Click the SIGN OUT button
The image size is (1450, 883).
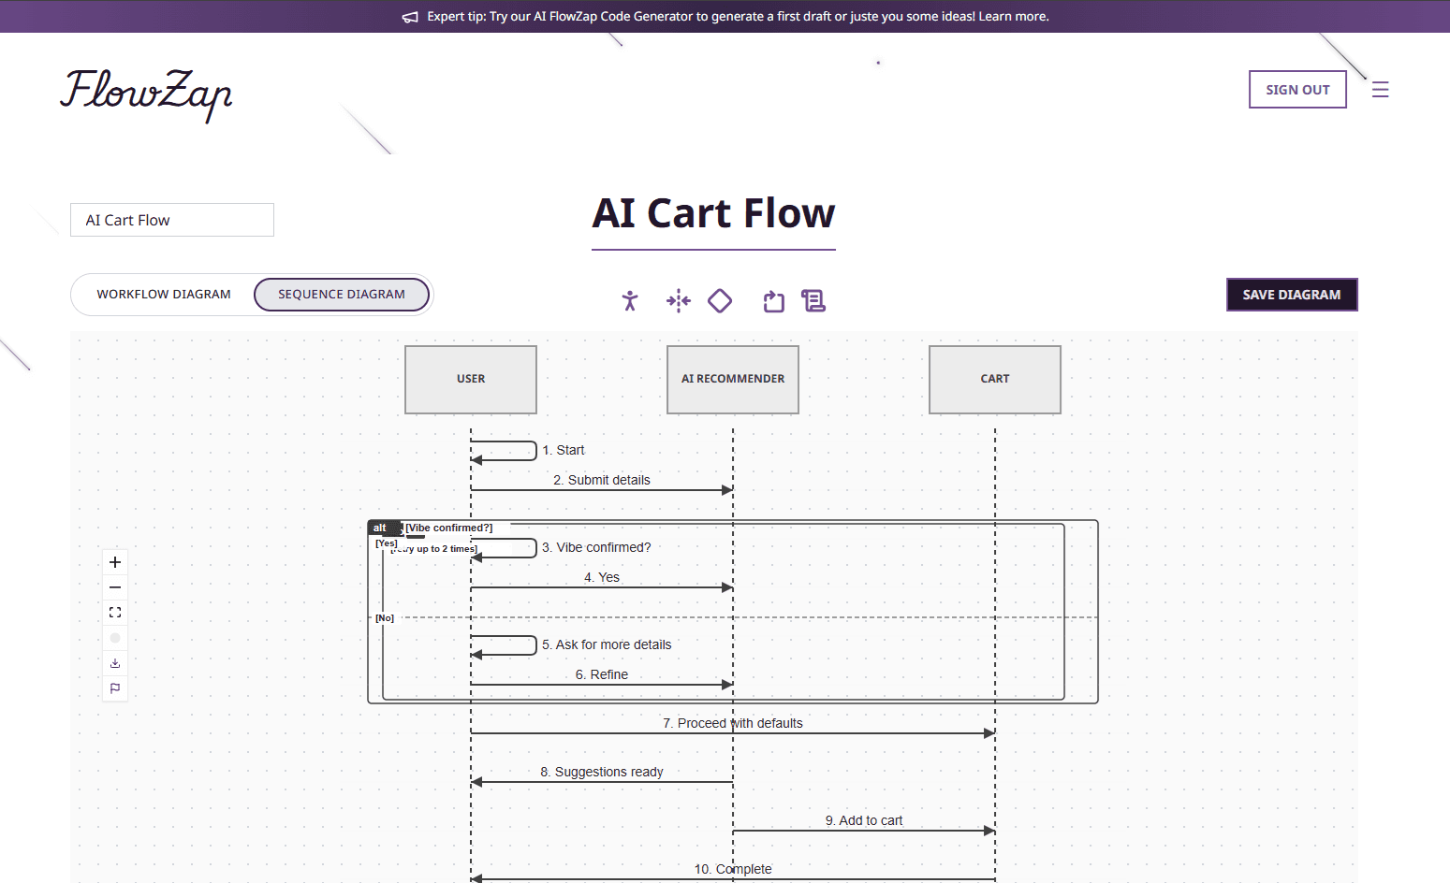1296,90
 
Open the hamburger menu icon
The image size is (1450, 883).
1380,90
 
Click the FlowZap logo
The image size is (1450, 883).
146,94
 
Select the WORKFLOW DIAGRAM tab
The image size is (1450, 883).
164,295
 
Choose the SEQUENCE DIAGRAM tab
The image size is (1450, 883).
342,295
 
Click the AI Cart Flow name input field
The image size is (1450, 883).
172,221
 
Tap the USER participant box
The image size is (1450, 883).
471,380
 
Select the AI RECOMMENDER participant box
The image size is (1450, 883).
733,380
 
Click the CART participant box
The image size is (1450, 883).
994,380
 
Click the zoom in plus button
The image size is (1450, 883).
115,562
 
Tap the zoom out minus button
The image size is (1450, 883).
115,587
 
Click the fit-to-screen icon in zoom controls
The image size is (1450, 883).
115,613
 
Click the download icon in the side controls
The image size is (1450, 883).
115,663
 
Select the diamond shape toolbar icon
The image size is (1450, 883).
720,301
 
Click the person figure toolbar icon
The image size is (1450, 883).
630,301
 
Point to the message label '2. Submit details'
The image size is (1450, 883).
601,480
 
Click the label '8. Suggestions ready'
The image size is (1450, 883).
601,772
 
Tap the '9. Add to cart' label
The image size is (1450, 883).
863,820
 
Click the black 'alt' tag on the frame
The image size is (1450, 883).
380,528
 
